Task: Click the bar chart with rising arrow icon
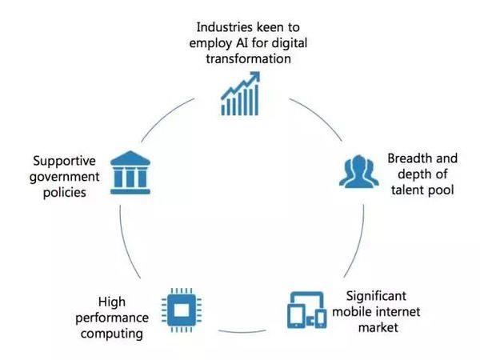(240, 94)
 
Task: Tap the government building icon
(130, 172)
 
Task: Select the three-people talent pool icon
(358, 171)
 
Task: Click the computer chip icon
(182, 310)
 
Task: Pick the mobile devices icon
(306, 310)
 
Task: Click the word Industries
(224, 27)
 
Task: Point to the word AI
(242, 43)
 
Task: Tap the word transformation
(248, 58)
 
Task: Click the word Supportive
(64, 162)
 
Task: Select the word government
(64, 178)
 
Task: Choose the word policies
(64, 193)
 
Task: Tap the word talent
(406, 190)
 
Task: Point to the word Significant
(376, 296)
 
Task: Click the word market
(378, 328)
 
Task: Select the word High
(112, 302)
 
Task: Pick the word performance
(112, 318)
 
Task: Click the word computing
(112, 334)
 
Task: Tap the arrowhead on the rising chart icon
(254, 77)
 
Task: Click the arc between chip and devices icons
(242, 332)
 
